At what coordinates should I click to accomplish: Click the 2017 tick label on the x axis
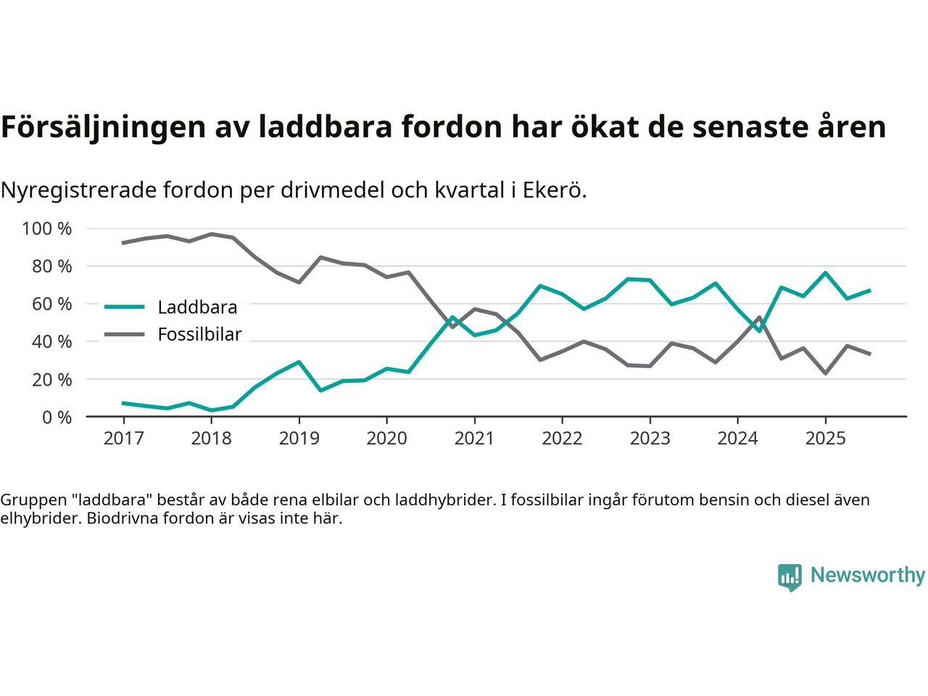tap(123, 438)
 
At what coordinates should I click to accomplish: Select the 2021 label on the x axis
tap(474, 438)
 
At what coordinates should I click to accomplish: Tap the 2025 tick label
tap(825, 438)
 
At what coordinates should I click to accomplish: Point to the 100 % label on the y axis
tap(47, 229)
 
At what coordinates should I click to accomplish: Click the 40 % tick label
tap(51, 341)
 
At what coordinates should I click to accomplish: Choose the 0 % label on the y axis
tap(56, 417)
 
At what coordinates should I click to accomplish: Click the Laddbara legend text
tap(197, 307)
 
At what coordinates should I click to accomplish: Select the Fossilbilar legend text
tap(199, 334)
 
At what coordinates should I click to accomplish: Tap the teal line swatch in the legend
tap(125, 307)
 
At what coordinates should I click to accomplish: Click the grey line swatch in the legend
tap(125, 334)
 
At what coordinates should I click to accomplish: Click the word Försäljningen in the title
tap(103, 127)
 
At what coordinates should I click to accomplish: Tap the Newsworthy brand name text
tap(867, 575)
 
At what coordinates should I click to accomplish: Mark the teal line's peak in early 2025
tap(825, 273)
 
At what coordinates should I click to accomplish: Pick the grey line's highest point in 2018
tap(211, 234)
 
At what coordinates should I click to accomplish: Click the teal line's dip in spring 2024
tap(759, 331)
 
